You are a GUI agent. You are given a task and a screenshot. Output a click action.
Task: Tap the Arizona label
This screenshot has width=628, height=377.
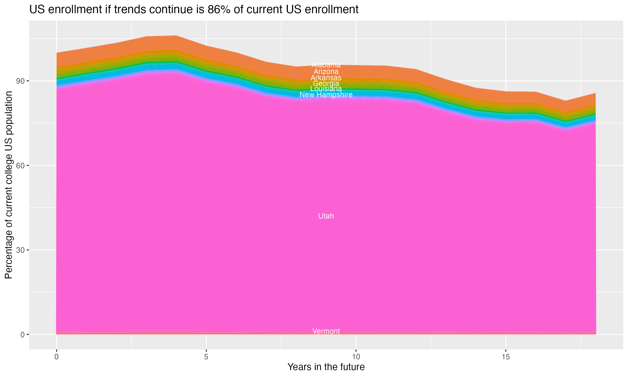point(326,71)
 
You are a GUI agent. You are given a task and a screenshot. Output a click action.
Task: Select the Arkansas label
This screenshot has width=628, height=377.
point(326,78)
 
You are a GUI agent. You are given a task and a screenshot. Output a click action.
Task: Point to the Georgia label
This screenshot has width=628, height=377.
point(326,83)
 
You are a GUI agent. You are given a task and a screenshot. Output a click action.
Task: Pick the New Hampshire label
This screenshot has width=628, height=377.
point(326,95)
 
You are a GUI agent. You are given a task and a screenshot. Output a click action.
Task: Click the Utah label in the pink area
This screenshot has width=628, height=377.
point(326,216)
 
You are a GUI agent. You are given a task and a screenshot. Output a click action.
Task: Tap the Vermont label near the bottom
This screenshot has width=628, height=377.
point(326,331)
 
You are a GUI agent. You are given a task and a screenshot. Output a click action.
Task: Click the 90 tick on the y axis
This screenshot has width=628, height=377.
point(21,81)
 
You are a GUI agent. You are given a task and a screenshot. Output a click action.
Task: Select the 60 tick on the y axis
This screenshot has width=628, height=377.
point(21,166)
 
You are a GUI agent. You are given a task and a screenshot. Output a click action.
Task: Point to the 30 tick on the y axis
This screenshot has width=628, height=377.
point(21,250)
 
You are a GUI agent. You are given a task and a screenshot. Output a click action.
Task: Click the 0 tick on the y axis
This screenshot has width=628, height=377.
point(23,334)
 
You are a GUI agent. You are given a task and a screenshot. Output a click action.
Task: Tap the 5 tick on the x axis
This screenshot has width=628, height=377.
point(206,357)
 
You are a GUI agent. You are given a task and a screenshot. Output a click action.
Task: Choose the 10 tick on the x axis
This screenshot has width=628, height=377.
point(356,357)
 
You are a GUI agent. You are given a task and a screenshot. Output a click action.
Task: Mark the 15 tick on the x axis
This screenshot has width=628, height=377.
point(506,357)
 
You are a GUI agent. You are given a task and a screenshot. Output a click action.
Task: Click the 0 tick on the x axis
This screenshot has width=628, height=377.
point(56,357)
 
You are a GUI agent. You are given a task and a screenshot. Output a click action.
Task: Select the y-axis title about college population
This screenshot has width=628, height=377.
point(9,185)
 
